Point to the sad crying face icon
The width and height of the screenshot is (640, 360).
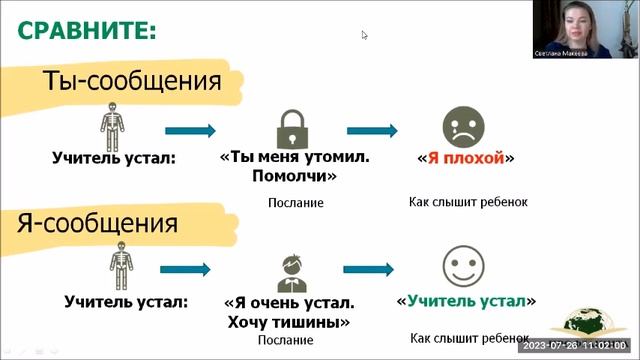[x=462, y=127]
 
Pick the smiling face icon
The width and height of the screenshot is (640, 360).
[x=462, y=267]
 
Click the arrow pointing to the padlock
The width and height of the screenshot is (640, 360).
[x=190, y=130]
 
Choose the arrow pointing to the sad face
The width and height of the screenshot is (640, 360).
[x=372, y=130]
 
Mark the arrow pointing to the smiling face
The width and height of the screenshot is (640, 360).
[x=372, y=270]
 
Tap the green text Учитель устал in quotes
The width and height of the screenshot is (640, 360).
[x=466, y=300]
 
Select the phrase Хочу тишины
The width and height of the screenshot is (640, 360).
[x=288, y=322]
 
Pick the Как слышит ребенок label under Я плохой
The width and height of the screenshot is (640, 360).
[x=468, y=201]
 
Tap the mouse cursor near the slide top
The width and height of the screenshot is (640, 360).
[x=365, y=35]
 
